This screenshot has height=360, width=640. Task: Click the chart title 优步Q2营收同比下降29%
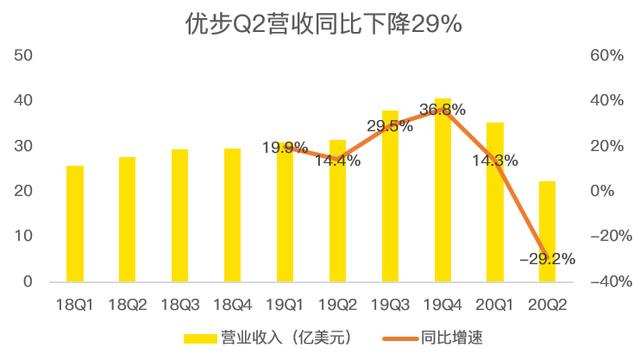[x=324, y=24]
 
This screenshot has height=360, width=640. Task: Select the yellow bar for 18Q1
[x=75, y=224]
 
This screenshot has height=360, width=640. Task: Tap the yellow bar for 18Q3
[x=180, y=216]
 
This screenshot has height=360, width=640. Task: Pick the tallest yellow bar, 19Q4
[x=443, y=190]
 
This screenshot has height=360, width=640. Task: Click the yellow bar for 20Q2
[x=547, y=231]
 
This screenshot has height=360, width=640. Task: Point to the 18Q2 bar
[x=127, y=220]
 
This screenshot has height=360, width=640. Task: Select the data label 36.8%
[x=442, y=109]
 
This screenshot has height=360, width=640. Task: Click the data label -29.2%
[x=547, y=258]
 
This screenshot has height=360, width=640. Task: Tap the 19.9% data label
[x=285, y=147]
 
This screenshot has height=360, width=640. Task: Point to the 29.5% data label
[x=390, y=126]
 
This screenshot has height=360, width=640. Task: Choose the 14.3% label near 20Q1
[x=495, y=160]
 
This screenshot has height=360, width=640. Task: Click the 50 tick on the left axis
[x=23, y=55]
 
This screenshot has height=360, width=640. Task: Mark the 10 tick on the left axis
[x=23, y=236]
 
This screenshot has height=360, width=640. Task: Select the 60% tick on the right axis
[x=607, y=55]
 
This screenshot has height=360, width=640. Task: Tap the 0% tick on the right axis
[x=602, y=191]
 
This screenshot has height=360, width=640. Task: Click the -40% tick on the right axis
[x=611, y=281]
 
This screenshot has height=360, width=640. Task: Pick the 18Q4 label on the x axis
[x=233, y=304]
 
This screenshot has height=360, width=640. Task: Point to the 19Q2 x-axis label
[x=338, y=304]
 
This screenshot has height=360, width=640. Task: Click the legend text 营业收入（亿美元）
[x=286, y=338]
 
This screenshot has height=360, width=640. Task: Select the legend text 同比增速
[x=451, y=338]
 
